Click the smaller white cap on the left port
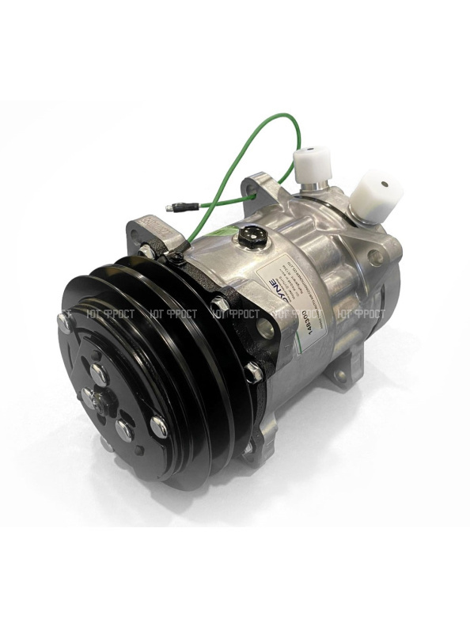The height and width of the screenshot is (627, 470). click(x=309, y=162)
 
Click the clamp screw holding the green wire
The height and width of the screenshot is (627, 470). click(x=176, y=257)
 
